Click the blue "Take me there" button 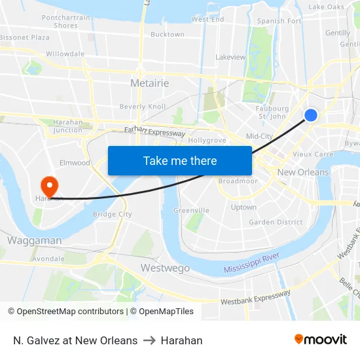(x=180, y=160)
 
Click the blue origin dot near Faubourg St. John (x=311, y=115)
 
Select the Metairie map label (x=149, y=83)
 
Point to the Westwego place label (x=165, y=268)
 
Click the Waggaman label (x=34, y=240)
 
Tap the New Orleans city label (x=303, y=172)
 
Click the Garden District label (x=276, y=222)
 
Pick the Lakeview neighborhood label (x=230, y=57)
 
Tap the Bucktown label (x=168, y=34)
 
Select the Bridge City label (x=113, y=214)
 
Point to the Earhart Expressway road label (x=155, y=132)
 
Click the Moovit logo (x=321, y=340)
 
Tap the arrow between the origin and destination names (x=149, y=340)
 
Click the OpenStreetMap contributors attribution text (x=65, y=312)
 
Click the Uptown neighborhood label (x=243, y=207)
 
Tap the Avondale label (x=48, y=259)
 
